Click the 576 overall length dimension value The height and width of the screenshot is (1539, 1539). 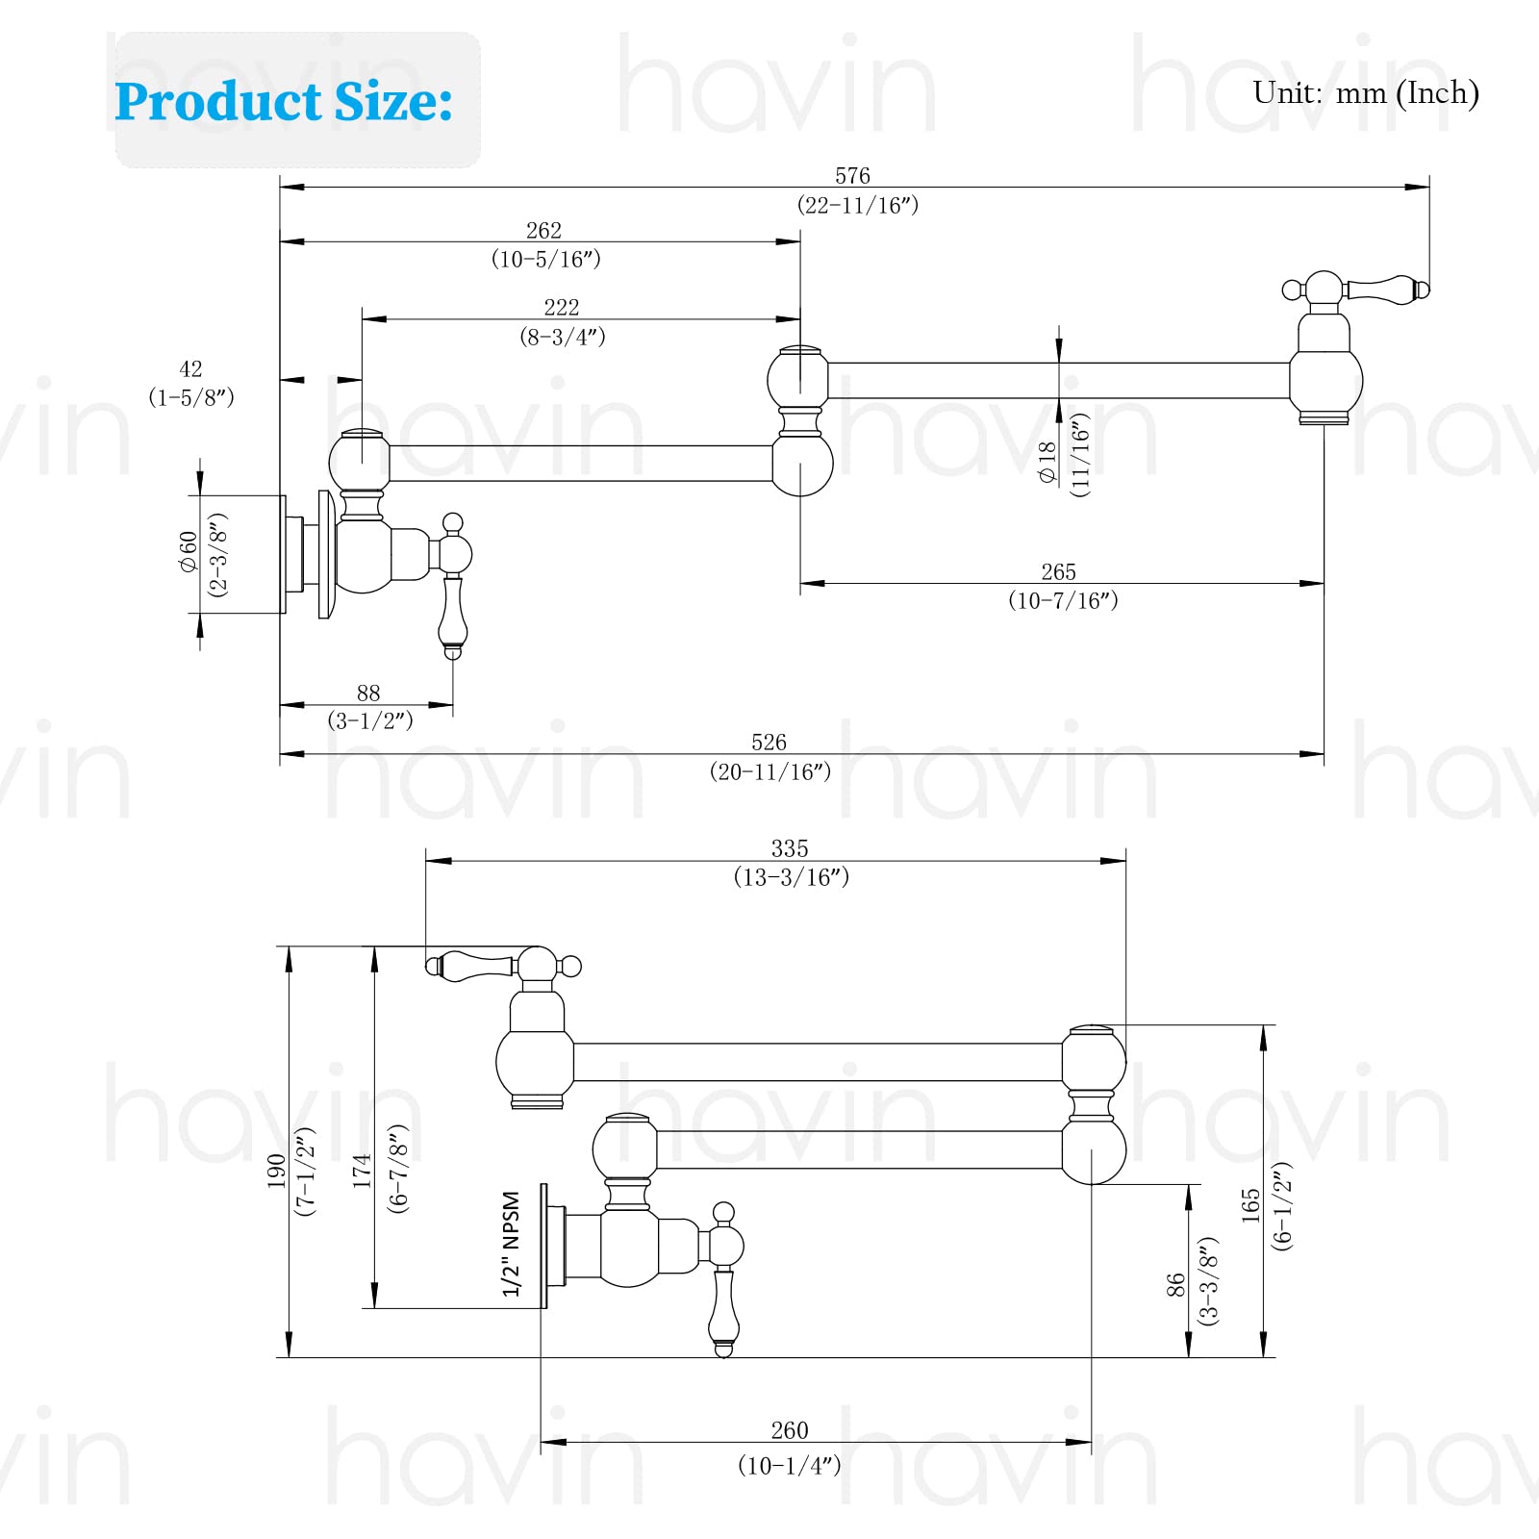click(x=852, y=176)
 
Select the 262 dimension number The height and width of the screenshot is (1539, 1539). click(x=543, y=231)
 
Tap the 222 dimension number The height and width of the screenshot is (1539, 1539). click(x=562, y=308)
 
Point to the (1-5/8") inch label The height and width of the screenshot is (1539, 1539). click(x=191, y=397)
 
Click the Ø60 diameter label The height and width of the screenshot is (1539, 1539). click(x=188, y=552)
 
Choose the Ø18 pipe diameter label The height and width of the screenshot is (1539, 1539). click(x=1047, y=462)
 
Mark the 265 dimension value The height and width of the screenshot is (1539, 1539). click(x=1058, y=572)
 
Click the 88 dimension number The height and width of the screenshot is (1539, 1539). click(x=368, y=693)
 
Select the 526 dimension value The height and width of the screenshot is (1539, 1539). click(x=769, y=743)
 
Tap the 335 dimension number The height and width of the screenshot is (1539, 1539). click(x=790, y=848)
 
